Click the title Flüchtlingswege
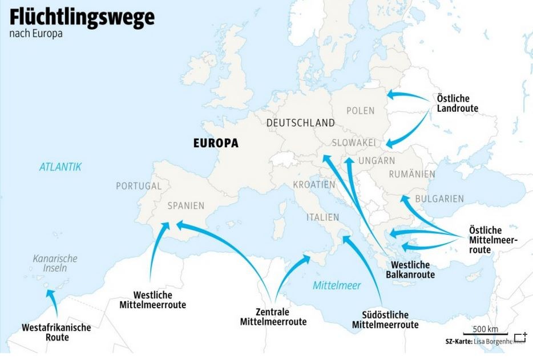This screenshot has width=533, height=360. coord(82,17)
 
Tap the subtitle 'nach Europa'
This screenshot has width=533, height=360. coord(35,34)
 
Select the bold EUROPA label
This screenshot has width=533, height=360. coord(216,144)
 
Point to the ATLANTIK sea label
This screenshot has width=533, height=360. coord(60,167)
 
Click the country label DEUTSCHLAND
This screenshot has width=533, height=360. coord(300,123)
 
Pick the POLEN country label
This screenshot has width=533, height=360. coord(360,111)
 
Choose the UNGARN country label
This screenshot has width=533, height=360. coord(377,160)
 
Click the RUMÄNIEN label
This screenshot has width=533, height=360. coord(412,174)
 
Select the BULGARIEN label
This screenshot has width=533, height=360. coord(439,199)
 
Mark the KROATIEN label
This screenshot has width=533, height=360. coord(314,185)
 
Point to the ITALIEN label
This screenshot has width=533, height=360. coord(322,217)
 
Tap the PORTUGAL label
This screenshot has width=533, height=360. coord(139,186)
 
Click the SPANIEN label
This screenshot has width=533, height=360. coord(186,206)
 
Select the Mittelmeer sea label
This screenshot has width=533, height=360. coord(337,285)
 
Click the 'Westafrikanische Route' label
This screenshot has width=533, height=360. coord(56,332)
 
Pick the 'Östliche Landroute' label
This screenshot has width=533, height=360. coord(457,103)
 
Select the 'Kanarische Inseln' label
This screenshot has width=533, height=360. coord(55,263)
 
